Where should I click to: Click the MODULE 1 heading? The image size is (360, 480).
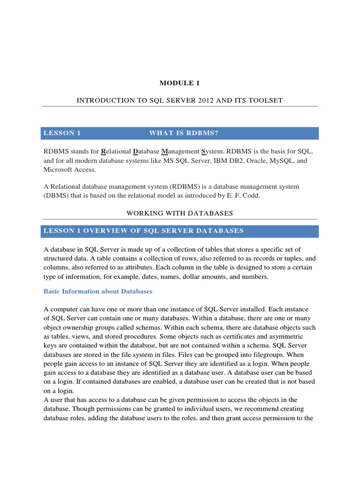(x=180, y=83)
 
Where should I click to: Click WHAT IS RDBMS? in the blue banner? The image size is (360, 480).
(x=184, y=133)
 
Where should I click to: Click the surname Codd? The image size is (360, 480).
(x=250, y=195)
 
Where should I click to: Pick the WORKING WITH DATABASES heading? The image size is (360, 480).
(x=180, y=213)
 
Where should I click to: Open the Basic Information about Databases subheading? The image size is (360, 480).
(x=98, y=291)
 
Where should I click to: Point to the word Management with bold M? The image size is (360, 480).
(x=180, y=152)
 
